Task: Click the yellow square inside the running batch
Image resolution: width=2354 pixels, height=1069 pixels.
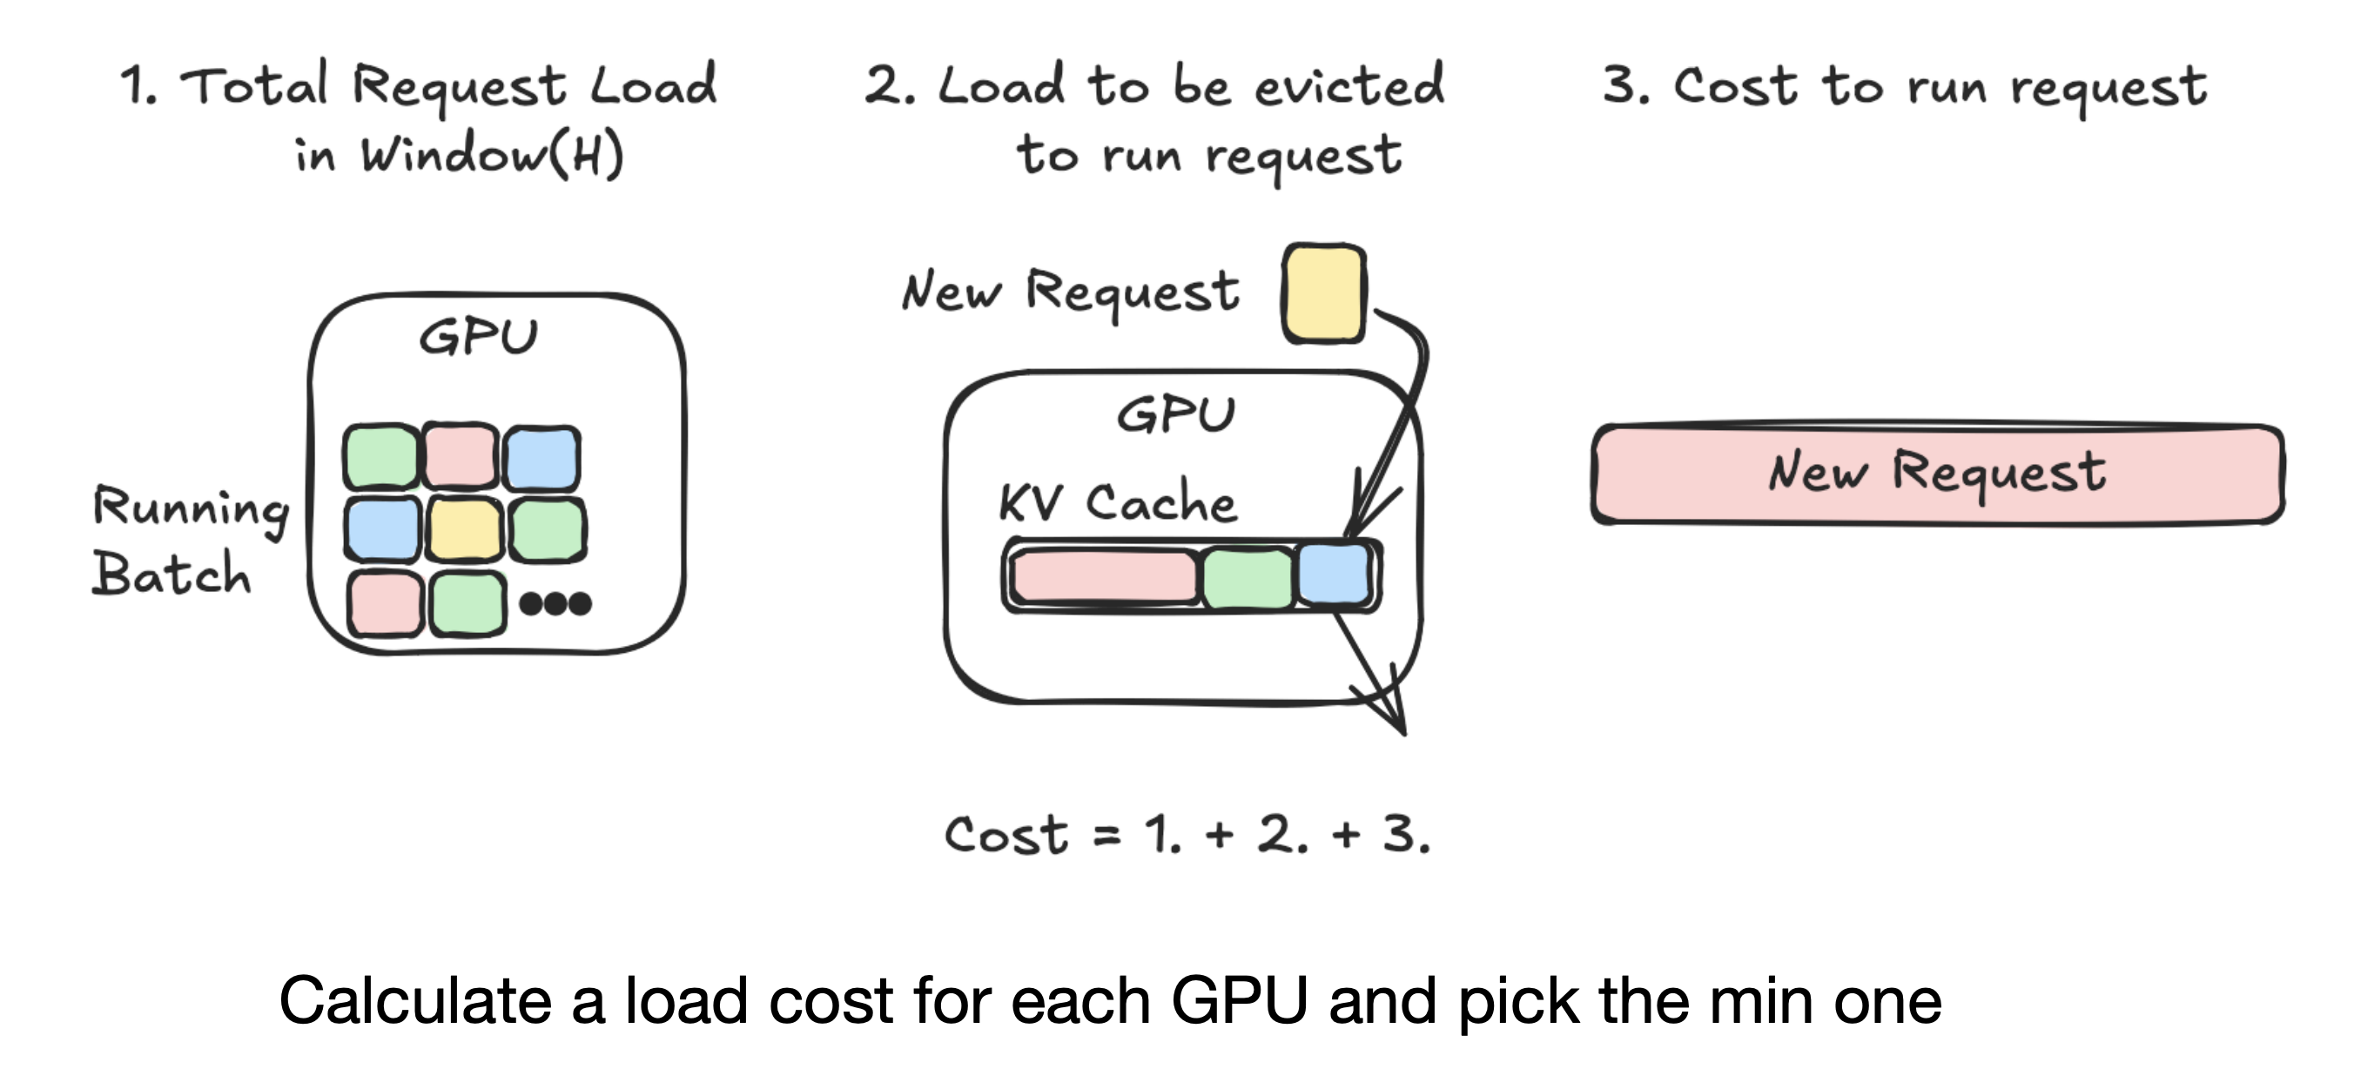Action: click(465, 529)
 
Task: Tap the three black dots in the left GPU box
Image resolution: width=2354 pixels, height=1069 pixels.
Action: click(555, 603)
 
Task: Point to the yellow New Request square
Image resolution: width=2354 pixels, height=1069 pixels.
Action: click(1323, 293)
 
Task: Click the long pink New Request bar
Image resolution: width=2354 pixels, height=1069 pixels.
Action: click(1937, 474)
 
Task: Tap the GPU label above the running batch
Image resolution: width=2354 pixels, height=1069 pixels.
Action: click(478, 336)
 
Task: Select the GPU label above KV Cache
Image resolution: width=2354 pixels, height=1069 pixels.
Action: click(1176, 415)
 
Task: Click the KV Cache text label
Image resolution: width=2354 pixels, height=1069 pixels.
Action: click(1118, 501)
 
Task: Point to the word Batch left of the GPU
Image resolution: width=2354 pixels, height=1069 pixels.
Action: click(171, 574)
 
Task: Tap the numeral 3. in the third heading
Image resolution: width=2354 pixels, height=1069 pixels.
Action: click(1625, 86)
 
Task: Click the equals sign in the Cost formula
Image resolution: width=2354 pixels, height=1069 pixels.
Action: click(1106, 835)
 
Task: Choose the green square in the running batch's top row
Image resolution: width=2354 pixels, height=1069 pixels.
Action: click(382, 456)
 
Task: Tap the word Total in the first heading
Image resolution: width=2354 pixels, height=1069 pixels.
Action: click(253, 86)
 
